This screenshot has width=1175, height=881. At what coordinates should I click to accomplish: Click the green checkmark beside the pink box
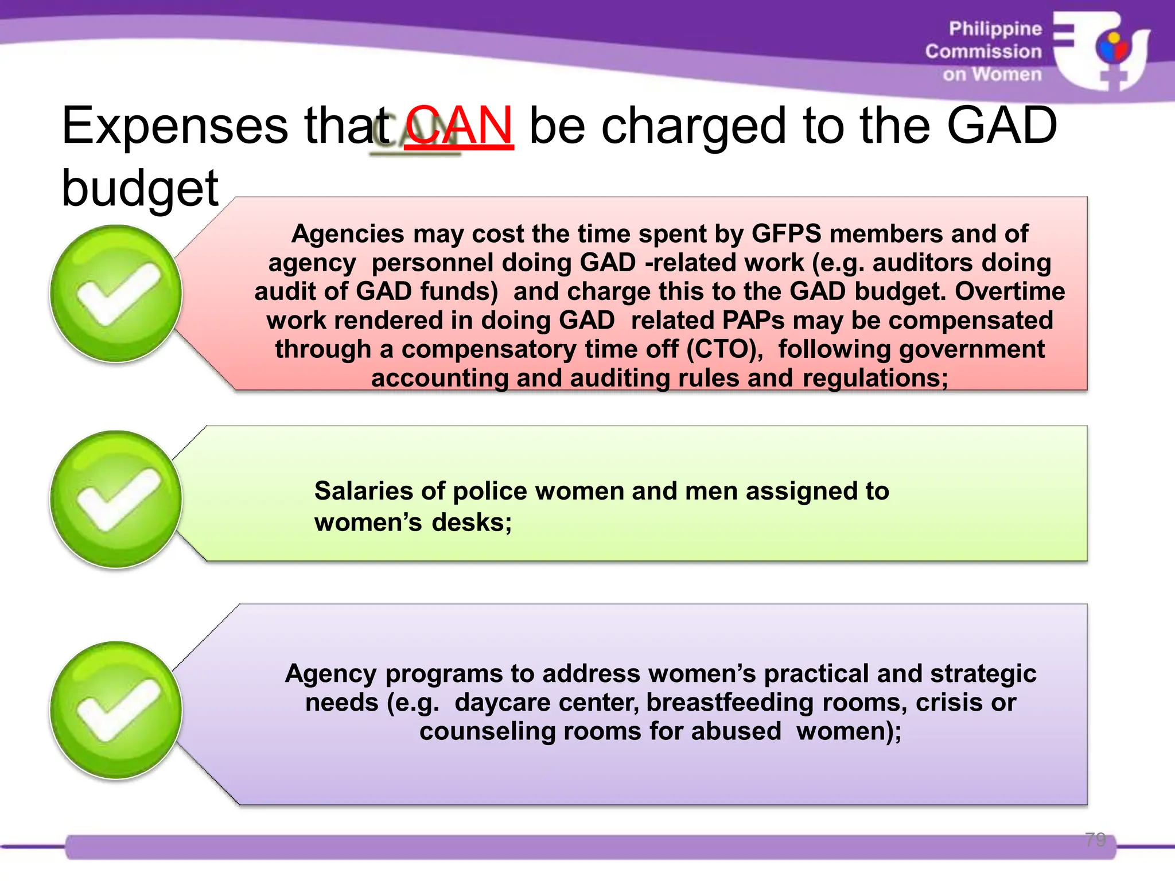tap(116, 293)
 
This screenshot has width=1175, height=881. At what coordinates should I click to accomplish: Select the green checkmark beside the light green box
tap(116, 499)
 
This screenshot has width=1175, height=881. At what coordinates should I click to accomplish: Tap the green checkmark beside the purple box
tap(116, 710)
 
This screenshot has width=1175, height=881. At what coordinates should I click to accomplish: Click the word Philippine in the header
tap(995, 29)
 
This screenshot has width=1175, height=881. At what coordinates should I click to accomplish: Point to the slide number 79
tap(1095, 839)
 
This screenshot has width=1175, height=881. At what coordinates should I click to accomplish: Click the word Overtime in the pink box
tap(1010, 291)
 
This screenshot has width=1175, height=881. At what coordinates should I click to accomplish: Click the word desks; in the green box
tap(472, 523)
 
